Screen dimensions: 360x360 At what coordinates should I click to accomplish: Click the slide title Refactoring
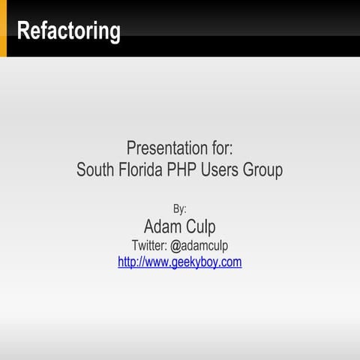tap(68, 31)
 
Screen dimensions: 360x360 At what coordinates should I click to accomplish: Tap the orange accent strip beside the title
tap(3, 28)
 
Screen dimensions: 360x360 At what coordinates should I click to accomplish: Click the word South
tap(96, 170)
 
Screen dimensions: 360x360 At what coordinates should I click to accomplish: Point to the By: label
tap(180, 208)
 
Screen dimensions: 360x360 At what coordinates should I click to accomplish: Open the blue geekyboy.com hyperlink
tap(180, 262)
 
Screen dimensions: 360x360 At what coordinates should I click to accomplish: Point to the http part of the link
tap(128, 262)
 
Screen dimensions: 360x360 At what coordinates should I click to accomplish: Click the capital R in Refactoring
tap(24, 31)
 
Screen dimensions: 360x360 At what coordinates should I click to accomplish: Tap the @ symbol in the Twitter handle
tap(176, 245)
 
